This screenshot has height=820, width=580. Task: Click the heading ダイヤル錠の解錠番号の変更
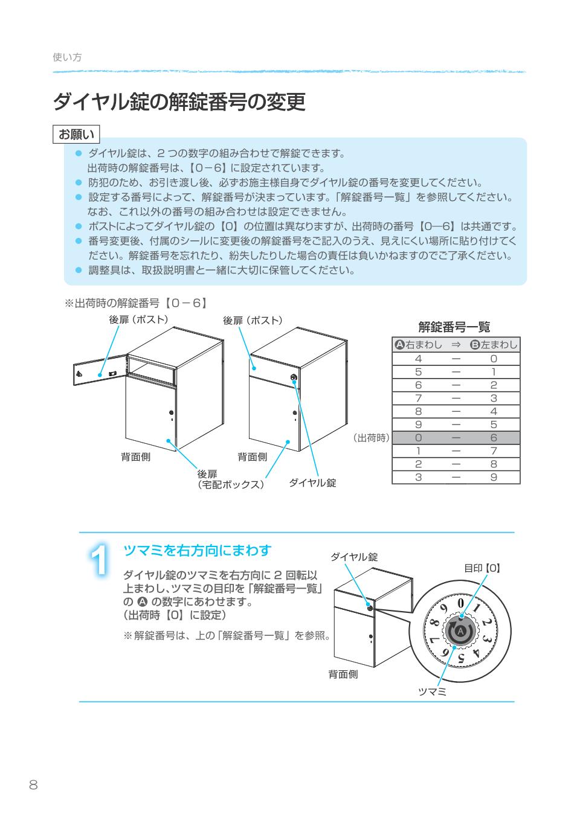pos(179,102)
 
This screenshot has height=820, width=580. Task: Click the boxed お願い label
pos(76,133)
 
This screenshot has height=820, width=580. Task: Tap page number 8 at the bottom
pos(33,785)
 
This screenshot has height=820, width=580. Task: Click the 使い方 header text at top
pos(67,57)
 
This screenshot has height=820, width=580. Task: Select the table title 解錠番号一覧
pos(454,327)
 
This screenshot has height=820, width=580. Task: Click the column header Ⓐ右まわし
pos(418,345)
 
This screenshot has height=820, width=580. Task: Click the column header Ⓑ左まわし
pos(494,345)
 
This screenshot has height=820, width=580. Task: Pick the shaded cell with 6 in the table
pos(494,438)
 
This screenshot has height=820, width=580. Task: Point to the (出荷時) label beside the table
pos(371,438)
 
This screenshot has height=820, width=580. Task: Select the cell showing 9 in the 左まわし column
pos(494,478)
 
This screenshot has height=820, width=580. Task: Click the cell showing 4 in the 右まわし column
pos(418,359)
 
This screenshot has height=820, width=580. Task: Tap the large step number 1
pos(101,561)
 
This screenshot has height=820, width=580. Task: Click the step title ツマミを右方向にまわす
pos(197,550)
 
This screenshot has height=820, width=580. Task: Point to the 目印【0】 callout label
pos(482,568)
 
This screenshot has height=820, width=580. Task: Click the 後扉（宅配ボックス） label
pos(231,479)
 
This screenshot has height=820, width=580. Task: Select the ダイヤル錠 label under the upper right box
pos(312,483)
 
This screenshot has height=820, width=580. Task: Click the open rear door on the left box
pos(98,373)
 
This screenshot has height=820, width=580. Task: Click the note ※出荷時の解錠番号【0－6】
pos(137,303)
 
